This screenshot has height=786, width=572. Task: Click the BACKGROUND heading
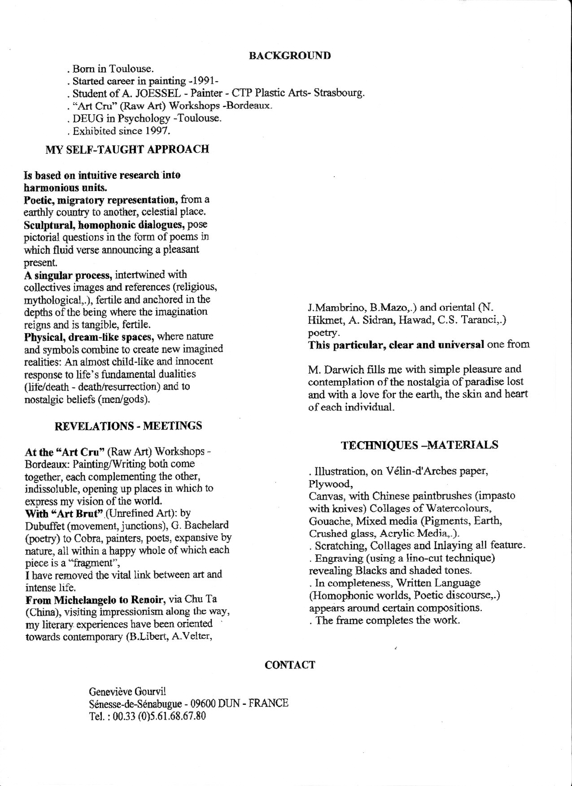289,56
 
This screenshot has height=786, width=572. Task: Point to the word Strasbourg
339,94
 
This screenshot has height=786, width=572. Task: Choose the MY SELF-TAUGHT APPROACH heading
127,149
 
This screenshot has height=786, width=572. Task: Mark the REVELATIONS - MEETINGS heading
128,426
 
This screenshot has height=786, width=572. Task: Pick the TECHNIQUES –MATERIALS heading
419,445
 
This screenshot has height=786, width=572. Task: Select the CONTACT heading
289,664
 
